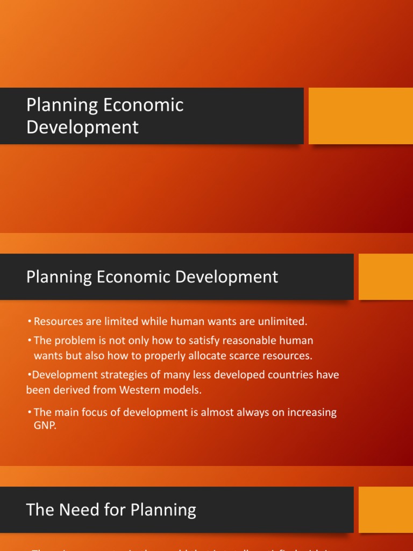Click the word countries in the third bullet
[281, 375]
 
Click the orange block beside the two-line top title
[360, 116]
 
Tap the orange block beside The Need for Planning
[386, 510]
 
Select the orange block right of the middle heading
[386, 277]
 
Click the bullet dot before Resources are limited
[30, 322]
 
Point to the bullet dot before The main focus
[30, 413]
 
